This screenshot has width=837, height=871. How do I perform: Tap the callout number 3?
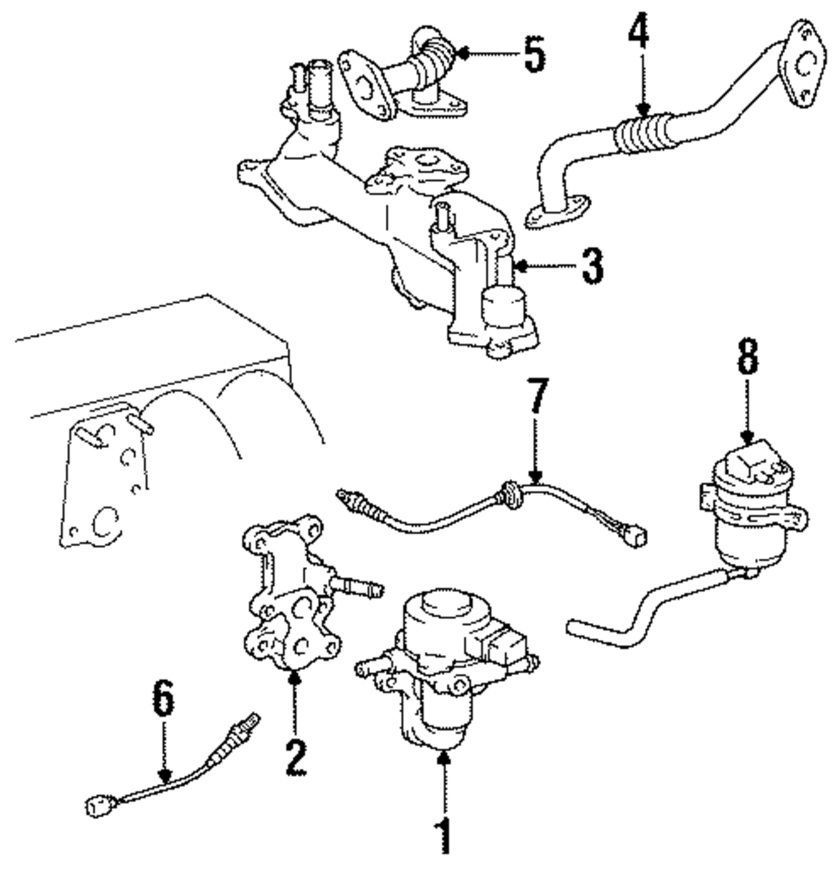pyautogui.click(x=592, y=265)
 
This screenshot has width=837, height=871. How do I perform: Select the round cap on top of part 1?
pyautogui.click(x=447, y=603)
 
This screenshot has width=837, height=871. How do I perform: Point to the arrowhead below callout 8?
pyautogui.click(x=747, y=438)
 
